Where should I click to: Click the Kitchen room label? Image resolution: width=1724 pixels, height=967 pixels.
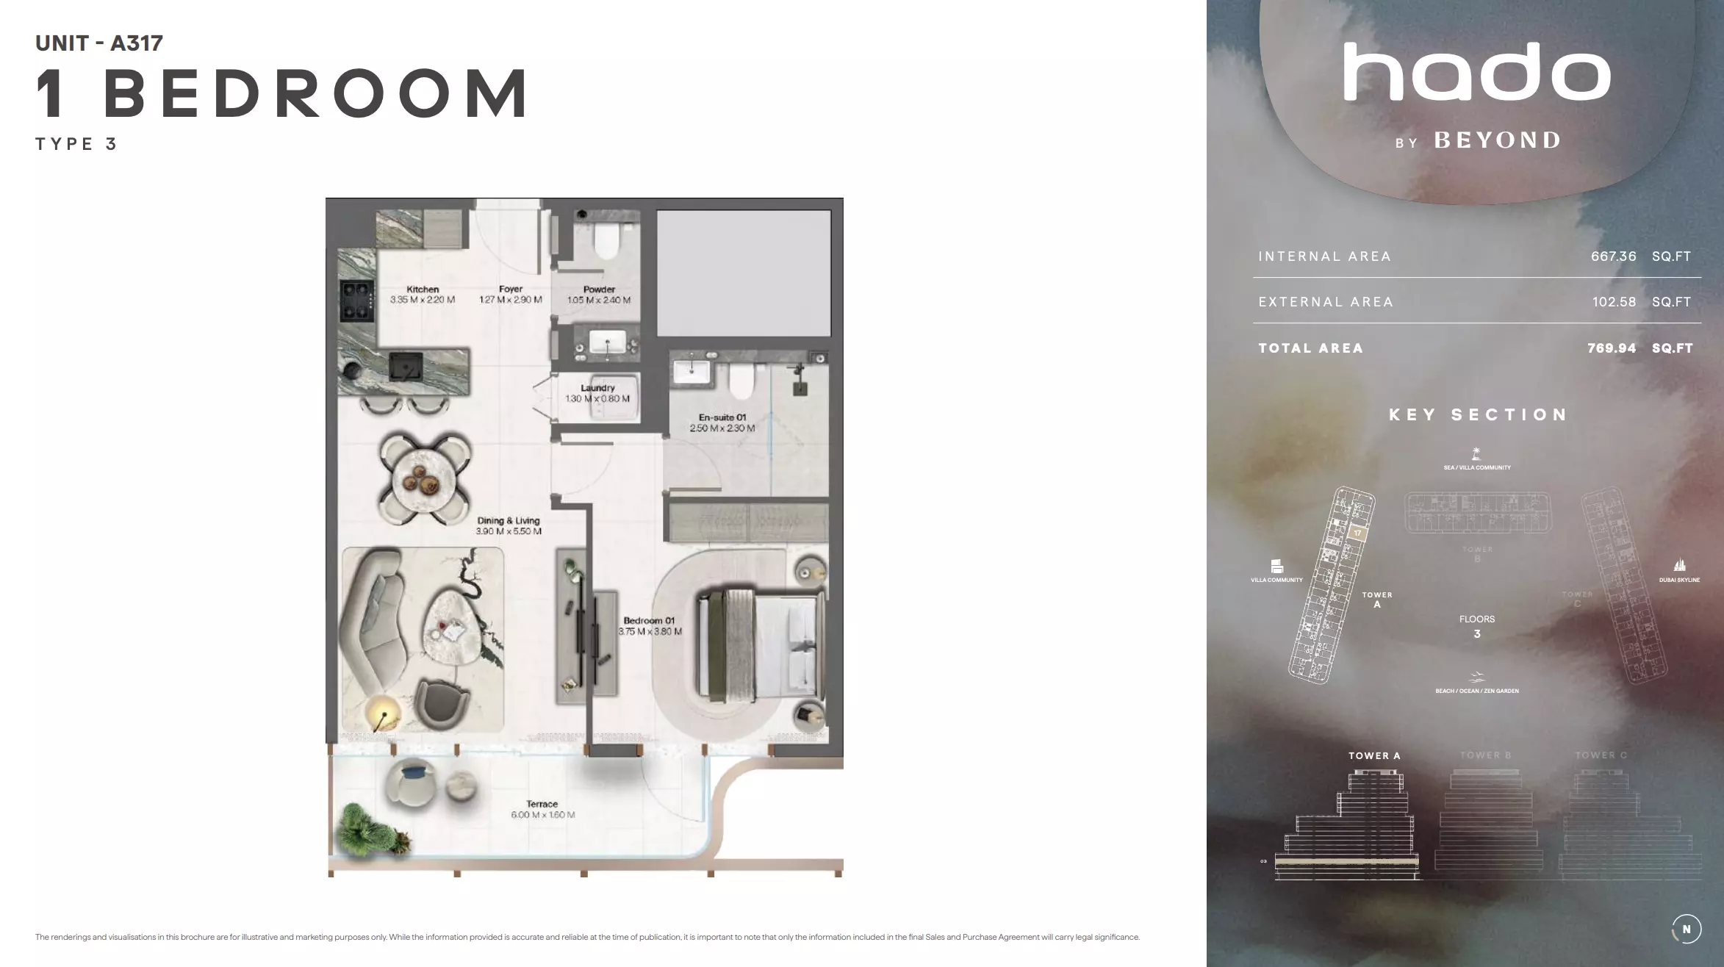(423, 290)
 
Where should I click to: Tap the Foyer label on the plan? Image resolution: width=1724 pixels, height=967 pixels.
(511, 289)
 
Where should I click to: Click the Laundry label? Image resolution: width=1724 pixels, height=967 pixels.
(597, 388)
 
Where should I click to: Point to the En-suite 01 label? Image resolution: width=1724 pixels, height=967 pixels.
(722, 417)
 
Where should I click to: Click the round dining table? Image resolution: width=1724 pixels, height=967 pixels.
(425, 479)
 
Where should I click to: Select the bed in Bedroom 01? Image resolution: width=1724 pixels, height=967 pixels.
(760, 644)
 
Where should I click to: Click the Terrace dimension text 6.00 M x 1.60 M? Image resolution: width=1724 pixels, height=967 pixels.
(543, 815)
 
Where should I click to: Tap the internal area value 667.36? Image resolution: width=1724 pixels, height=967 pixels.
(1613, 256)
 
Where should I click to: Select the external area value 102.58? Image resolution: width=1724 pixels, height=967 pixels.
(1614, 302)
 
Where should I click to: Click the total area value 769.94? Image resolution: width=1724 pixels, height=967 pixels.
(1612, 348)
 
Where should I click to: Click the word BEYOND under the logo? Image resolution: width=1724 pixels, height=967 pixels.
(1498, 140)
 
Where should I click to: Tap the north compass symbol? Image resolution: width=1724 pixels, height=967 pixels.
(1686, 929)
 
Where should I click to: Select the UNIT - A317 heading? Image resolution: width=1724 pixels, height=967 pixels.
(99, 43)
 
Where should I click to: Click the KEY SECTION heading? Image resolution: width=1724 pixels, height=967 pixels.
(1478, 414)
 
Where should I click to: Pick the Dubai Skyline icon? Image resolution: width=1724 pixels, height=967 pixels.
(1679, 566)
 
